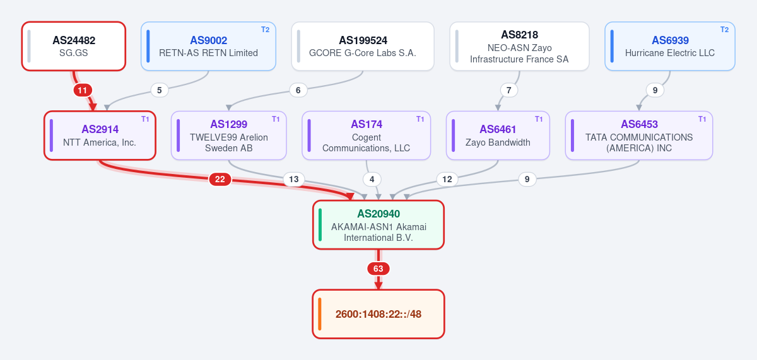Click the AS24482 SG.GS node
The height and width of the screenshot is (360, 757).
click(x=74, y=46)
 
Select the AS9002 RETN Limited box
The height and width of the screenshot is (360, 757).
click(x=209, y=46)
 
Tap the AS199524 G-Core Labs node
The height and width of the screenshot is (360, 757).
click(x=363, y=46)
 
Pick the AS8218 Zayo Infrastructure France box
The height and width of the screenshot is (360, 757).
click(x=519, y=46)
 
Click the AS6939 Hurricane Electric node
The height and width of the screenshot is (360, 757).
click(x=670, y=46)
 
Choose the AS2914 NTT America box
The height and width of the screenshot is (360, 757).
click(x=100, y=136)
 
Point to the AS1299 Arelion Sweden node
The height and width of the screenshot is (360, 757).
click(x=229, y=136)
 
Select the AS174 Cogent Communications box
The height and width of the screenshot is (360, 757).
click(x=367, y=136)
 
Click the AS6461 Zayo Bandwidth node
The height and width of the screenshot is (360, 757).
click(x=498, y=136)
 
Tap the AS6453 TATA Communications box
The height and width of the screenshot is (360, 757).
click(x=639, y=136)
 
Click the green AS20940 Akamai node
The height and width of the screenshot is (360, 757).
click(x=378, y=225)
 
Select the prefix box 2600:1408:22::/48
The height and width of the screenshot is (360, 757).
click(x=378, y=314)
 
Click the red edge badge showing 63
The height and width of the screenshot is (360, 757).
click(x=378, y=269)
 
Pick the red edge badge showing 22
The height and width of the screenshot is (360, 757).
click(x=220, y=179)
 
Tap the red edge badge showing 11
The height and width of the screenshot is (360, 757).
click(x=83, y=90)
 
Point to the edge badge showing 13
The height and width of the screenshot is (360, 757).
click(x=294, y=179)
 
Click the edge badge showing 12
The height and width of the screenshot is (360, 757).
click(x=447, y=179)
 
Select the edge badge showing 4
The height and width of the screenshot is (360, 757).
click(x=372, y=179)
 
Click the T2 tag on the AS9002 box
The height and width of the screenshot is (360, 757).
click(x=266, y=30)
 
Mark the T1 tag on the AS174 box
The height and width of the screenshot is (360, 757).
click(x=420, y=119)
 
